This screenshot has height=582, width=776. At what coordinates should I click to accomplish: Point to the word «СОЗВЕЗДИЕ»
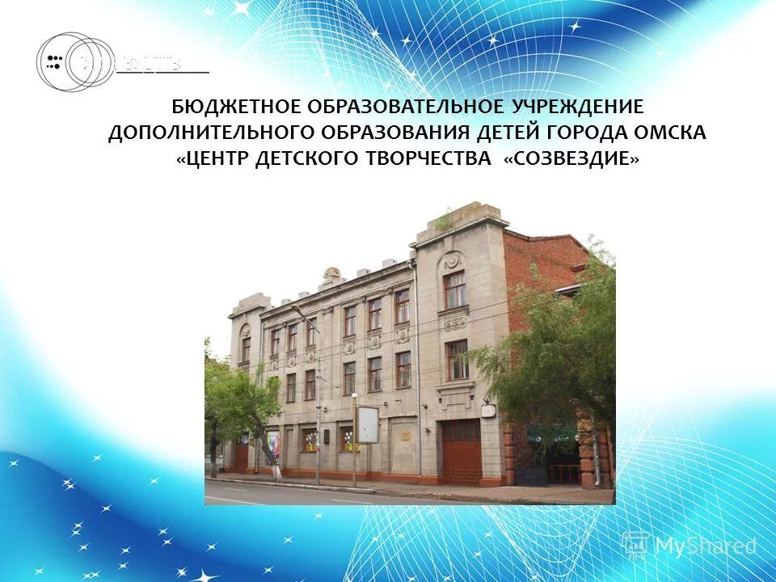coord(571,159)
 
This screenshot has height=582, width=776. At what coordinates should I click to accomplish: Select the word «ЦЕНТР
coord(212,159)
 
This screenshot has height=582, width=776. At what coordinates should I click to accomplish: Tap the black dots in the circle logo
coord(55,62)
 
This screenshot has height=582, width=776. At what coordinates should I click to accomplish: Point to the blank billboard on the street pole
coord(368,424)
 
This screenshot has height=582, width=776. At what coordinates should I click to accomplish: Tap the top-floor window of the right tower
coord(455,289)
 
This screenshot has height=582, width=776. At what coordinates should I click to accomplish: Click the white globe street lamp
coord(354,397)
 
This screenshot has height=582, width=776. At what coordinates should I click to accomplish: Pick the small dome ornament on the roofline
coord(331,275)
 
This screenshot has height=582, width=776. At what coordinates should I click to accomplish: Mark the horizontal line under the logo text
coord(162,73)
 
